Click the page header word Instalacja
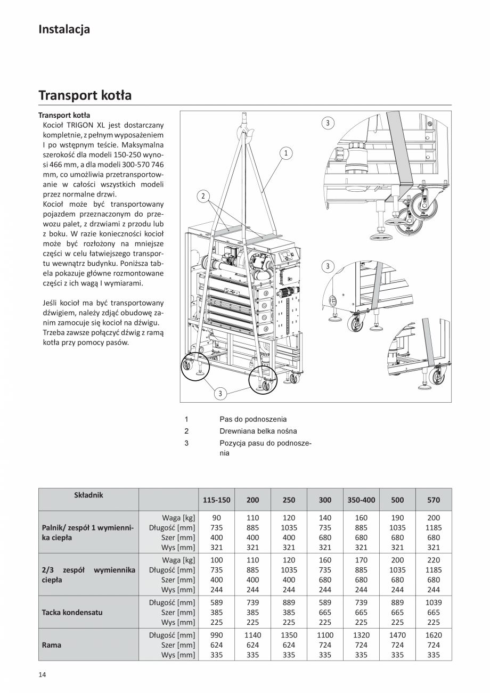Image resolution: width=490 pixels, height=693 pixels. pos(64,29)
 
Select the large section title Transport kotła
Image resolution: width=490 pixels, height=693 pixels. pos(85,95)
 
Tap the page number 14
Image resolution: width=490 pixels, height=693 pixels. pos(42,675)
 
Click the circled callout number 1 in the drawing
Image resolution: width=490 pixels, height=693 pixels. pos(286,153)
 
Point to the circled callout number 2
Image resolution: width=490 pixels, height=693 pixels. pos(203,196)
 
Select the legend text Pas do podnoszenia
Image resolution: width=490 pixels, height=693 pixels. pos(253,419)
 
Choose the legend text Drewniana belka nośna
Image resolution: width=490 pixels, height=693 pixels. pos(258,431)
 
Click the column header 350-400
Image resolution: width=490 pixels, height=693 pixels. pos(361,500)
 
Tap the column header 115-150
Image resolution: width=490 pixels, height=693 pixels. pos(217,500)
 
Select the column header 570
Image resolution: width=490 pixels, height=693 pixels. pos(434,500)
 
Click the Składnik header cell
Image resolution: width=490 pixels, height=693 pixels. pos(88,495)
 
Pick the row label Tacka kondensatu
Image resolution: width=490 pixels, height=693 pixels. pos(72,612)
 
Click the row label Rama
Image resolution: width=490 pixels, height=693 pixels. pos(51,645)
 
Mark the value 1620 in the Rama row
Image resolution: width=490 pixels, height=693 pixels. pos(434,635)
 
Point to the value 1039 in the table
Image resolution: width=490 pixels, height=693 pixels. pos(434,602)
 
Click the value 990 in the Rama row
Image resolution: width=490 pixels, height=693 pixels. pos(217,635)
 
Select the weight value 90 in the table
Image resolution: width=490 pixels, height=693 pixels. pos(217,518)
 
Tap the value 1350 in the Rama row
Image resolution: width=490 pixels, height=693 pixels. pos(289,635)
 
